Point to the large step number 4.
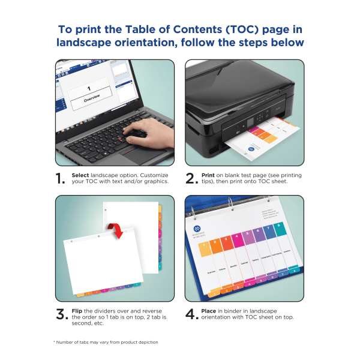point(190,314)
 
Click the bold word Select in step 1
point(80,174)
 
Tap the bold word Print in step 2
point(208,174)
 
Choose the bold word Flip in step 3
point(77,310)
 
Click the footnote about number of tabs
point(106,342)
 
